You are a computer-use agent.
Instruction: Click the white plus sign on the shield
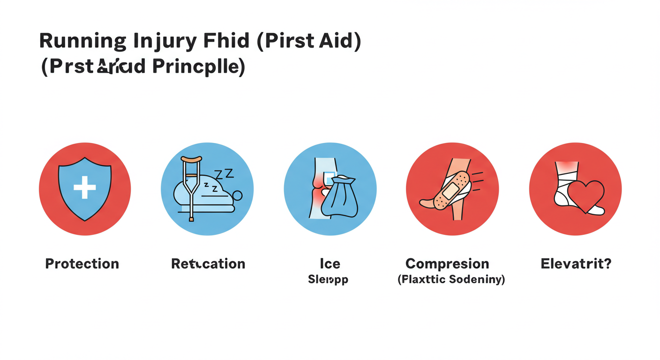(85, 187)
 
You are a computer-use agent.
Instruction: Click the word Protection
(82, 263)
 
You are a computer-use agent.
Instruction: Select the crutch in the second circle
(191, 187)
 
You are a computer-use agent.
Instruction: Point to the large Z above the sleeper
(229, 173)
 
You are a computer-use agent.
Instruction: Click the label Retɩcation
(208, 263)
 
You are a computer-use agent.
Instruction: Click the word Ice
(330, 263)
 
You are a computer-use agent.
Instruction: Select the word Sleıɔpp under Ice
(328, 280)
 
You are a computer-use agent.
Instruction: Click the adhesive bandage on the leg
(451, 190)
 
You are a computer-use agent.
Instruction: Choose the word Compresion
(447, 263)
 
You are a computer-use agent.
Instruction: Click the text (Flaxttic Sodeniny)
(451, 280)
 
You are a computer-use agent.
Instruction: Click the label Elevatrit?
(576, 263)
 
